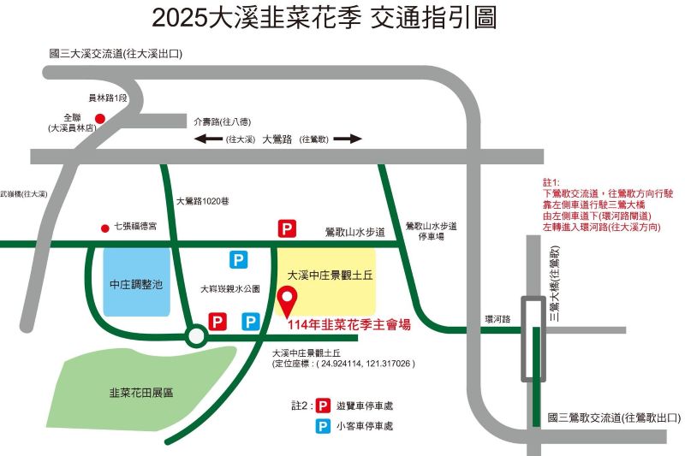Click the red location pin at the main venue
(289, 299)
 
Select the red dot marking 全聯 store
(99, 119)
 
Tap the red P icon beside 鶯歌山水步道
(287, 228)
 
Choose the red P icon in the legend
(324, 406)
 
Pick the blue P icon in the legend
(324, 425)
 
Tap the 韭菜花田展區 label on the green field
(141, 393)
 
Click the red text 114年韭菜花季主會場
(348, 324)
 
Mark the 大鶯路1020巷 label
(203, 202)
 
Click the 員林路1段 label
(108, 98)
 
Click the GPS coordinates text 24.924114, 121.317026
(366, 364)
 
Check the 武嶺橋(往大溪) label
(24, 194)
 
